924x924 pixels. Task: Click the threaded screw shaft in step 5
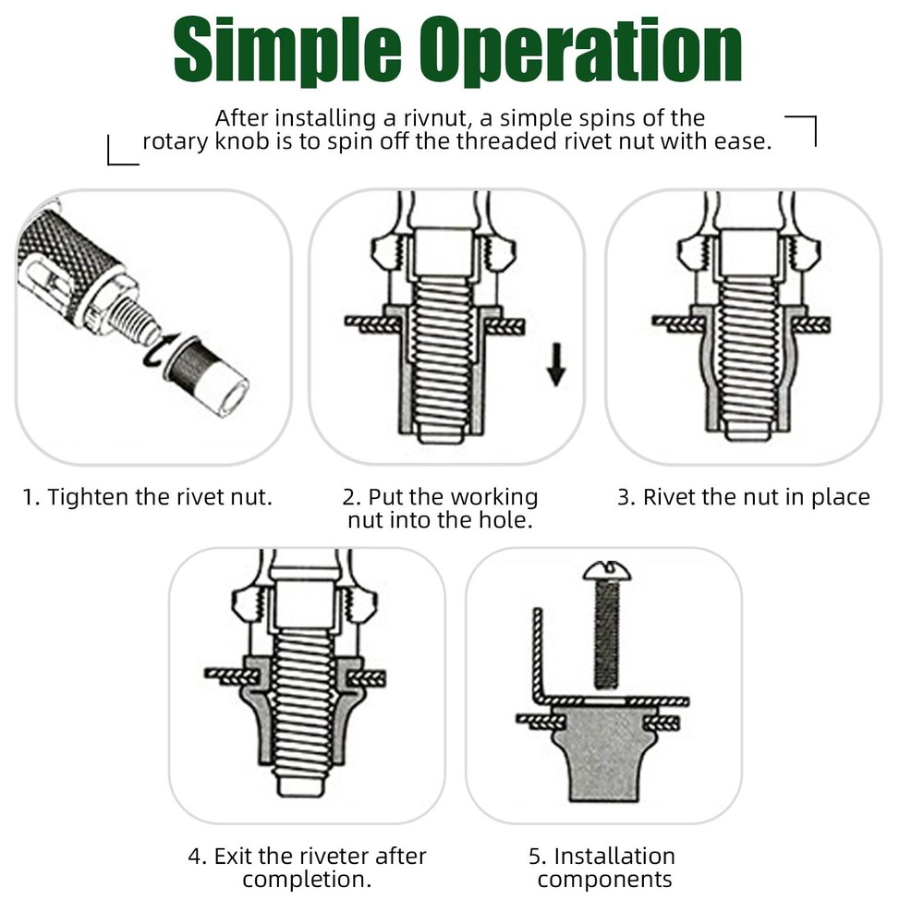[x=605, y=638]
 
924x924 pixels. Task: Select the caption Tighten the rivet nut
[x=148, y=497]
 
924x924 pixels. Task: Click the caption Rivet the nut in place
[x=744, y=497]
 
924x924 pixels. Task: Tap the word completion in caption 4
[x=307, y=879]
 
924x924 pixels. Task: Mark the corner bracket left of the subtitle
[x=121, y=152]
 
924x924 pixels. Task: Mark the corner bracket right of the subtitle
[x=803, y=129]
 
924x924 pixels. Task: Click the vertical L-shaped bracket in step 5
[x=536, y=656]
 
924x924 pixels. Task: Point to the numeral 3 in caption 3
[x=625, y=497]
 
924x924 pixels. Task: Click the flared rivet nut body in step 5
[x=605, y=753]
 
